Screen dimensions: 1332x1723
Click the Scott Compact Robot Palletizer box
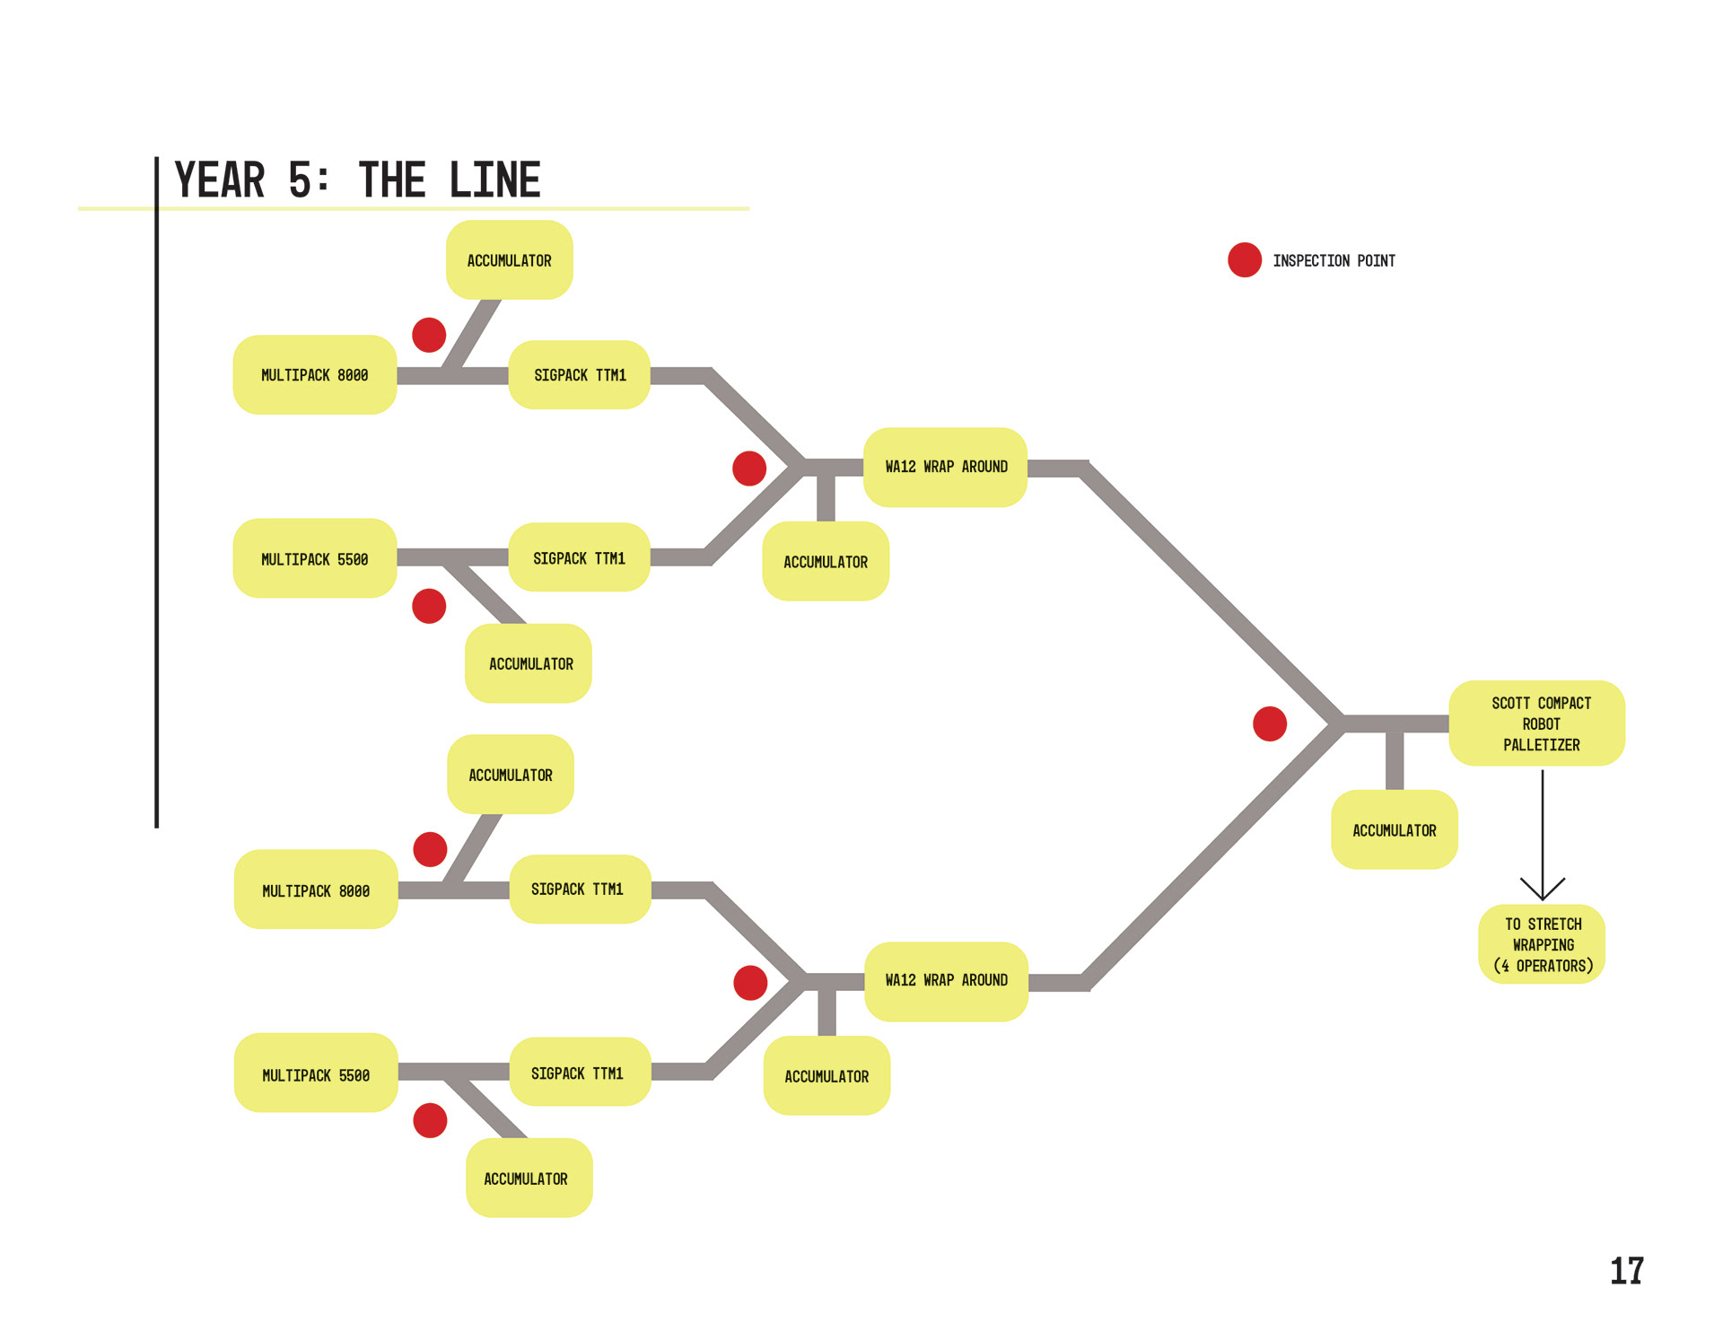coord(1536,723)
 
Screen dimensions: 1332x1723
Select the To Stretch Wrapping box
coord(1542,944)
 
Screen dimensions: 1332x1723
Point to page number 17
coord(1626,1271)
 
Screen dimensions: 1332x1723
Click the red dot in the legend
coord(1245,260)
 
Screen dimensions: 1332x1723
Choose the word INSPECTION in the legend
coord(1311,261)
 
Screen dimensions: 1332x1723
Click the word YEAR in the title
coord(220,180)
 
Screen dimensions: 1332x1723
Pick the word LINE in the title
coord(495,180)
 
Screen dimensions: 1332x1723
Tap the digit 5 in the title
coord(300,180)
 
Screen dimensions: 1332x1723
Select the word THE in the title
coord(392,180)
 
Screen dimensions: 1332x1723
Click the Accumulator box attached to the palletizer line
coord(1394,830)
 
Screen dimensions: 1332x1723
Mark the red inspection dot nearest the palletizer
coord(1270,723)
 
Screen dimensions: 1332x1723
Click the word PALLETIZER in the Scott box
coord(1542,745)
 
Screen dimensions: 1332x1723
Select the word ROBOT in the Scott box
coord(1542,724)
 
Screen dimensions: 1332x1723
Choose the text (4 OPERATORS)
coord(1544,966)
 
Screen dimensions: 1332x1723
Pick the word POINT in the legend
coord(1376,261)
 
